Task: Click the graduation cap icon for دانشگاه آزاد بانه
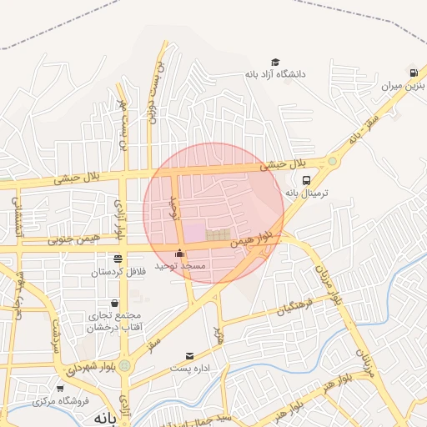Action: [275, 63]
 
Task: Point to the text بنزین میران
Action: [404, 85]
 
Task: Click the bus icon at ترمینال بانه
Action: [307, 180]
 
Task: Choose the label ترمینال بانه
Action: [308, 193]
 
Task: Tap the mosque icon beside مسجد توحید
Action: [179, 254]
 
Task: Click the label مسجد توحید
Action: [185, 265]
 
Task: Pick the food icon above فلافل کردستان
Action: [118, 259]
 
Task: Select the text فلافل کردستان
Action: [118, 271]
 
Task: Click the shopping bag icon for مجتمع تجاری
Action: [114, 304]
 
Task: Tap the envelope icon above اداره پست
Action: [190, 356]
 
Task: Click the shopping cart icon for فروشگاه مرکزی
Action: [59, 389]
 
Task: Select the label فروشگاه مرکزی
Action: [60, 401]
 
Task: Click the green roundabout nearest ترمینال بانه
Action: [332, 160]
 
